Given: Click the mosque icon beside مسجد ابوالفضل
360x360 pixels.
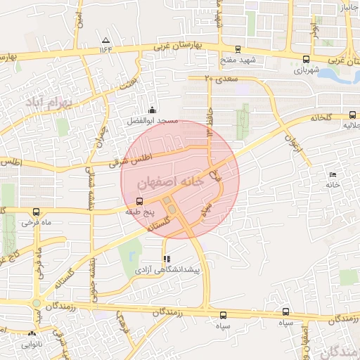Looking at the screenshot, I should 153,109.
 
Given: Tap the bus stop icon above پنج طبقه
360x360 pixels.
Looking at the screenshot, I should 138,200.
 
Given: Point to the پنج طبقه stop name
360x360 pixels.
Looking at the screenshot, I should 138,211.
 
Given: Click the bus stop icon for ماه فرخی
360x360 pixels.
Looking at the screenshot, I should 36,212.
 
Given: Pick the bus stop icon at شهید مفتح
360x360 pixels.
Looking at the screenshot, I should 238,49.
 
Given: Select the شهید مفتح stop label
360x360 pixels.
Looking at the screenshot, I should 238,60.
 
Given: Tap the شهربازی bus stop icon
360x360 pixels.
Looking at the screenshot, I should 305,60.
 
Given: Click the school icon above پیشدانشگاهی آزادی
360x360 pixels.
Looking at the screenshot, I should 166,258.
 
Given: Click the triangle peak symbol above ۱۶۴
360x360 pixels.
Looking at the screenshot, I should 105,40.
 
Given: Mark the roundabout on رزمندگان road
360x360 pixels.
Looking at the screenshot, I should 36,304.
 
